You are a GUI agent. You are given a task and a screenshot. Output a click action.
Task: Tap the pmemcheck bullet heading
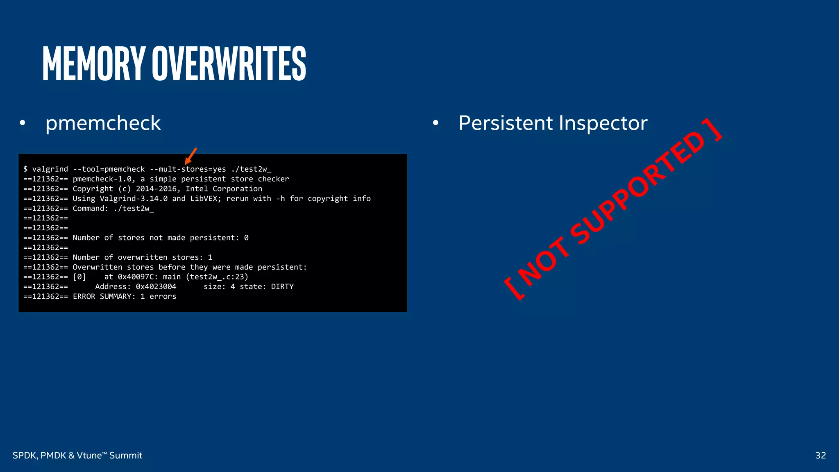tap(103, 123)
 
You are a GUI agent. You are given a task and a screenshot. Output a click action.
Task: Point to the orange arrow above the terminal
tap(190, 156)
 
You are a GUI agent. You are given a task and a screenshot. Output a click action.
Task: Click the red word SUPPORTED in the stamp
tap(637, 188)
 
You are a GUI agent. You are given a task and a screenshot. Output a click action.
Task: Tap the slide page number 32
tap(820, 455)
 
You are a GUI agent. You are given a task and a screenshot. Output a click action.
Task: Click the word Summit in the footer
tap(125, 455)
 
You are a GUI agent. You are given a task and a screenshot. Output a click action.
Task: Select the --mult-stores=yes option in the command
tap(188, 169)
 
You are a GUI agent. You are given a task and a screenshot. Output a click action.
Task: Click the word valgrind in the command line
tap(50, 169)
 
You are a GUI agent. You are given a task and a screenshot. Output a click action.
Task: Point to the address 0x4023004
tap(156, 287)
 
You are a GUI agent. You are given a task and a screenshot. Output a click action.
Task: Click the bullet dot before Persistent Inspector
tap(435, 123)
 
